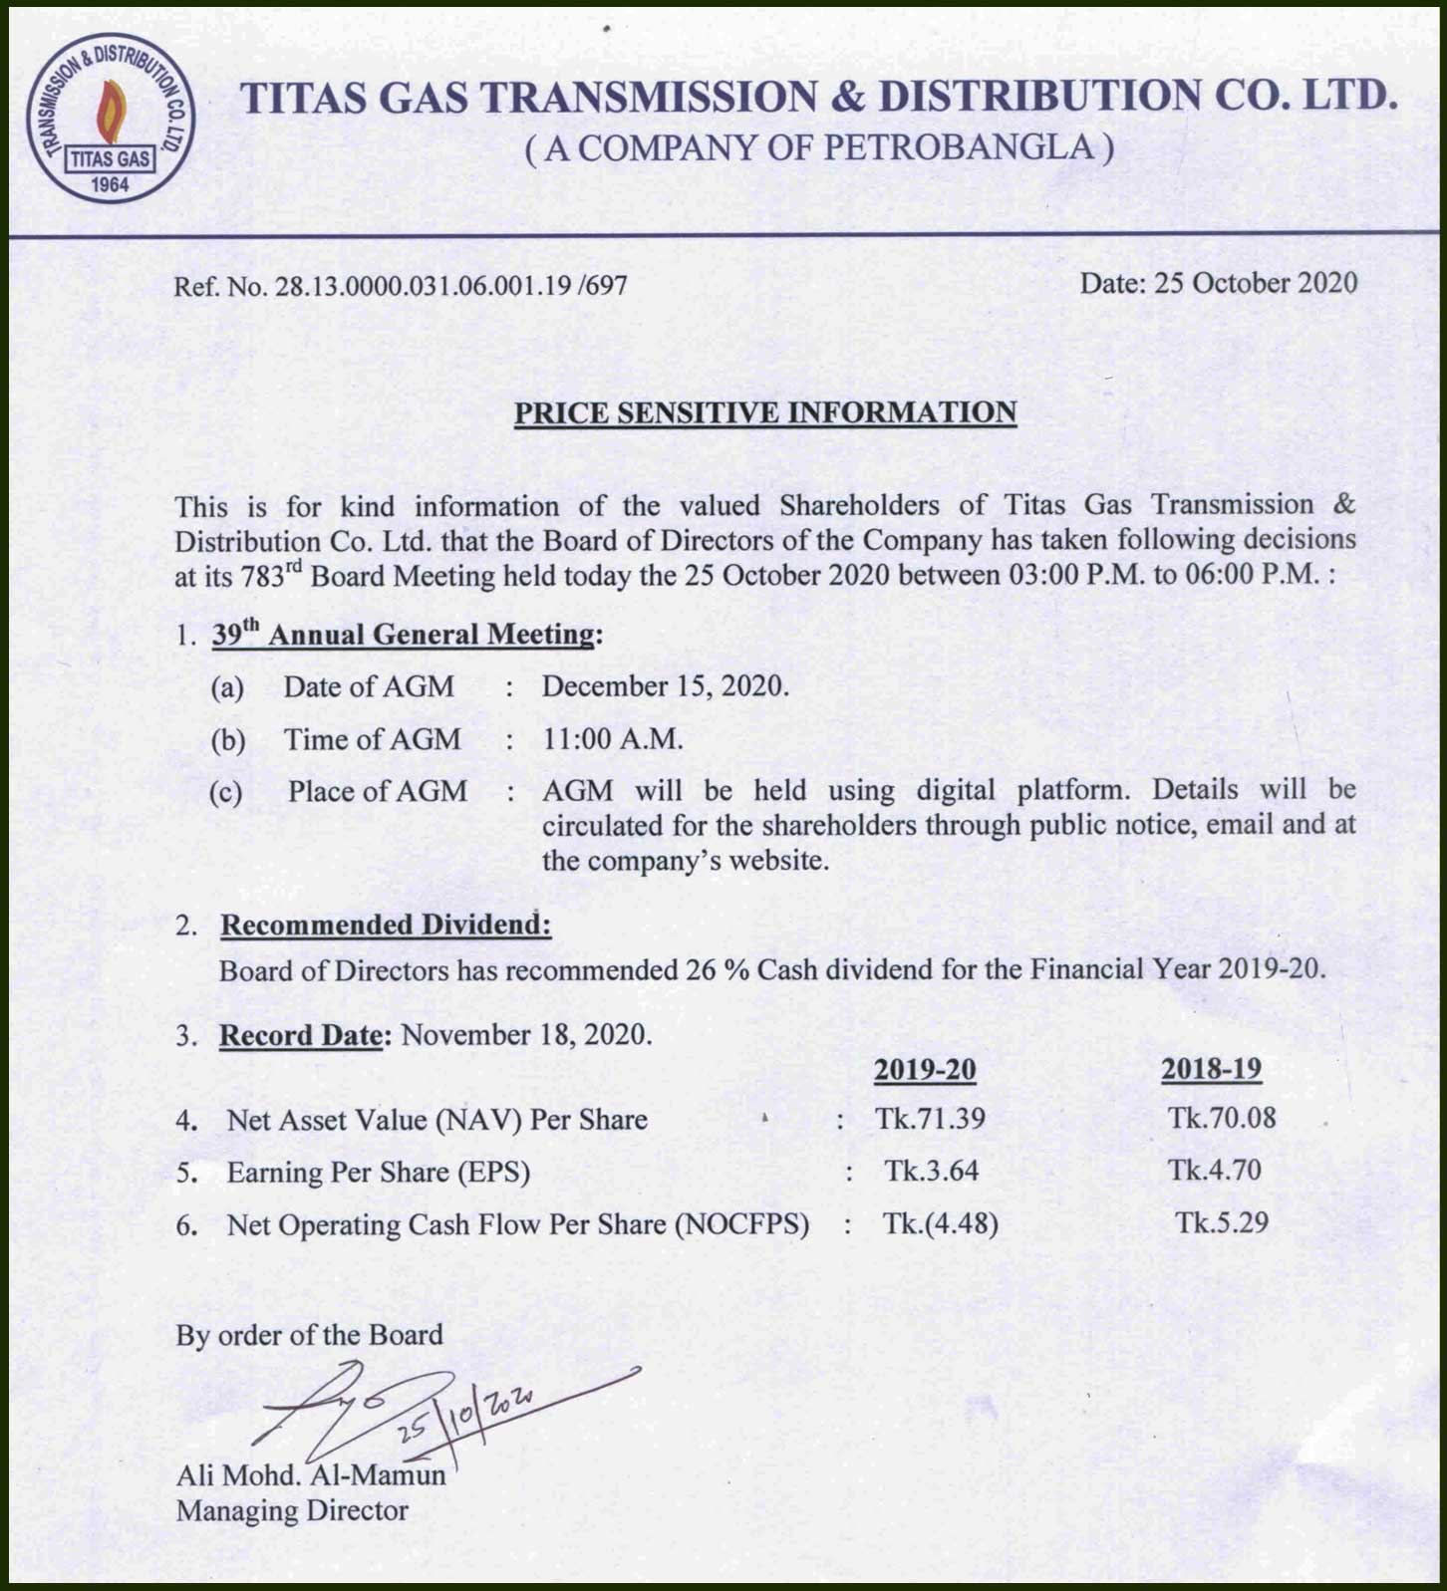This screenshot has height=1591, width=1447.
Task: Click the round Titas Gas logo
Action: [x=110, y=118]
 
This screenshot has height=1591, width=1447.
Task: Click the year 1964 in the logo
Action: [x=110, y=184]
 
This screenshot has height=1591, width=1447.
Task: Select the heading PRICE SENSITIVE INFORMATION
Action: [x=764, y=412]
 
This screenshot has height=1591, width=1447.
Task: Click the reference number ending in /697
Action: [x=401, y=287]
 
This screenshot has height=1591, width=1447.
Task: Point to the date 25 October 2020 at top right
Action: [x=1218, y=283]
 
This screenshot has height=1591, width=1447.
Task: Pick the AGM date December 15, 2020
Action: [x=665, y=686]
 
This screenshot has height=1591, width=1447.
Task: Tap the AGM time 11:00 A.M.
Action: [x=613, y=739]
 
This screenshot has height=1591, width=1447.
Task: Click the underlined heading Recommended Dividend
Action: [x=385, y=925]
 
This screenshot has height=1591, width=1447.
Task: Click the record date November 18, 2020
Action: [x=526, y=1034]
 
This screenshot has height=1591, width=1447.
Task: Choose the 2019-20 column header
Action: [x=925, y=1069]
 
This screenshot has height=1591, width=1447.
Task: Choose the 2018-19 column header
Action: [x=1211, y=1069]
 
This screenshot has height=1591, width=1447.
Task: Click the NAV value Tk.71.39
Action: [x=930, y=1118]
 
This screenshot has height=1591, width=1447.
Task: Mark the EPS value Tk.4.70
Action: [x=1215, y=1170]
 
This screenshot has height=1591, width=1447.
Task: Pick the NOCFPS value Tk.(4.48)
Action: [x=940, y=1222]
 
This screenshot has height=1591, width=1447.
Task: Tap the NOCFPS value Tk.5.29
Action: [x=1221, y=1222]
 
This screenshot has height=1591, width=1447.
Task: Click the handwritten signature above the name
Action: [x=419, y=1413]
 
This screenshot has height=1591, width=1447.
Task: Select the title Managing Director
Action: [x=292, y=1510]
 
